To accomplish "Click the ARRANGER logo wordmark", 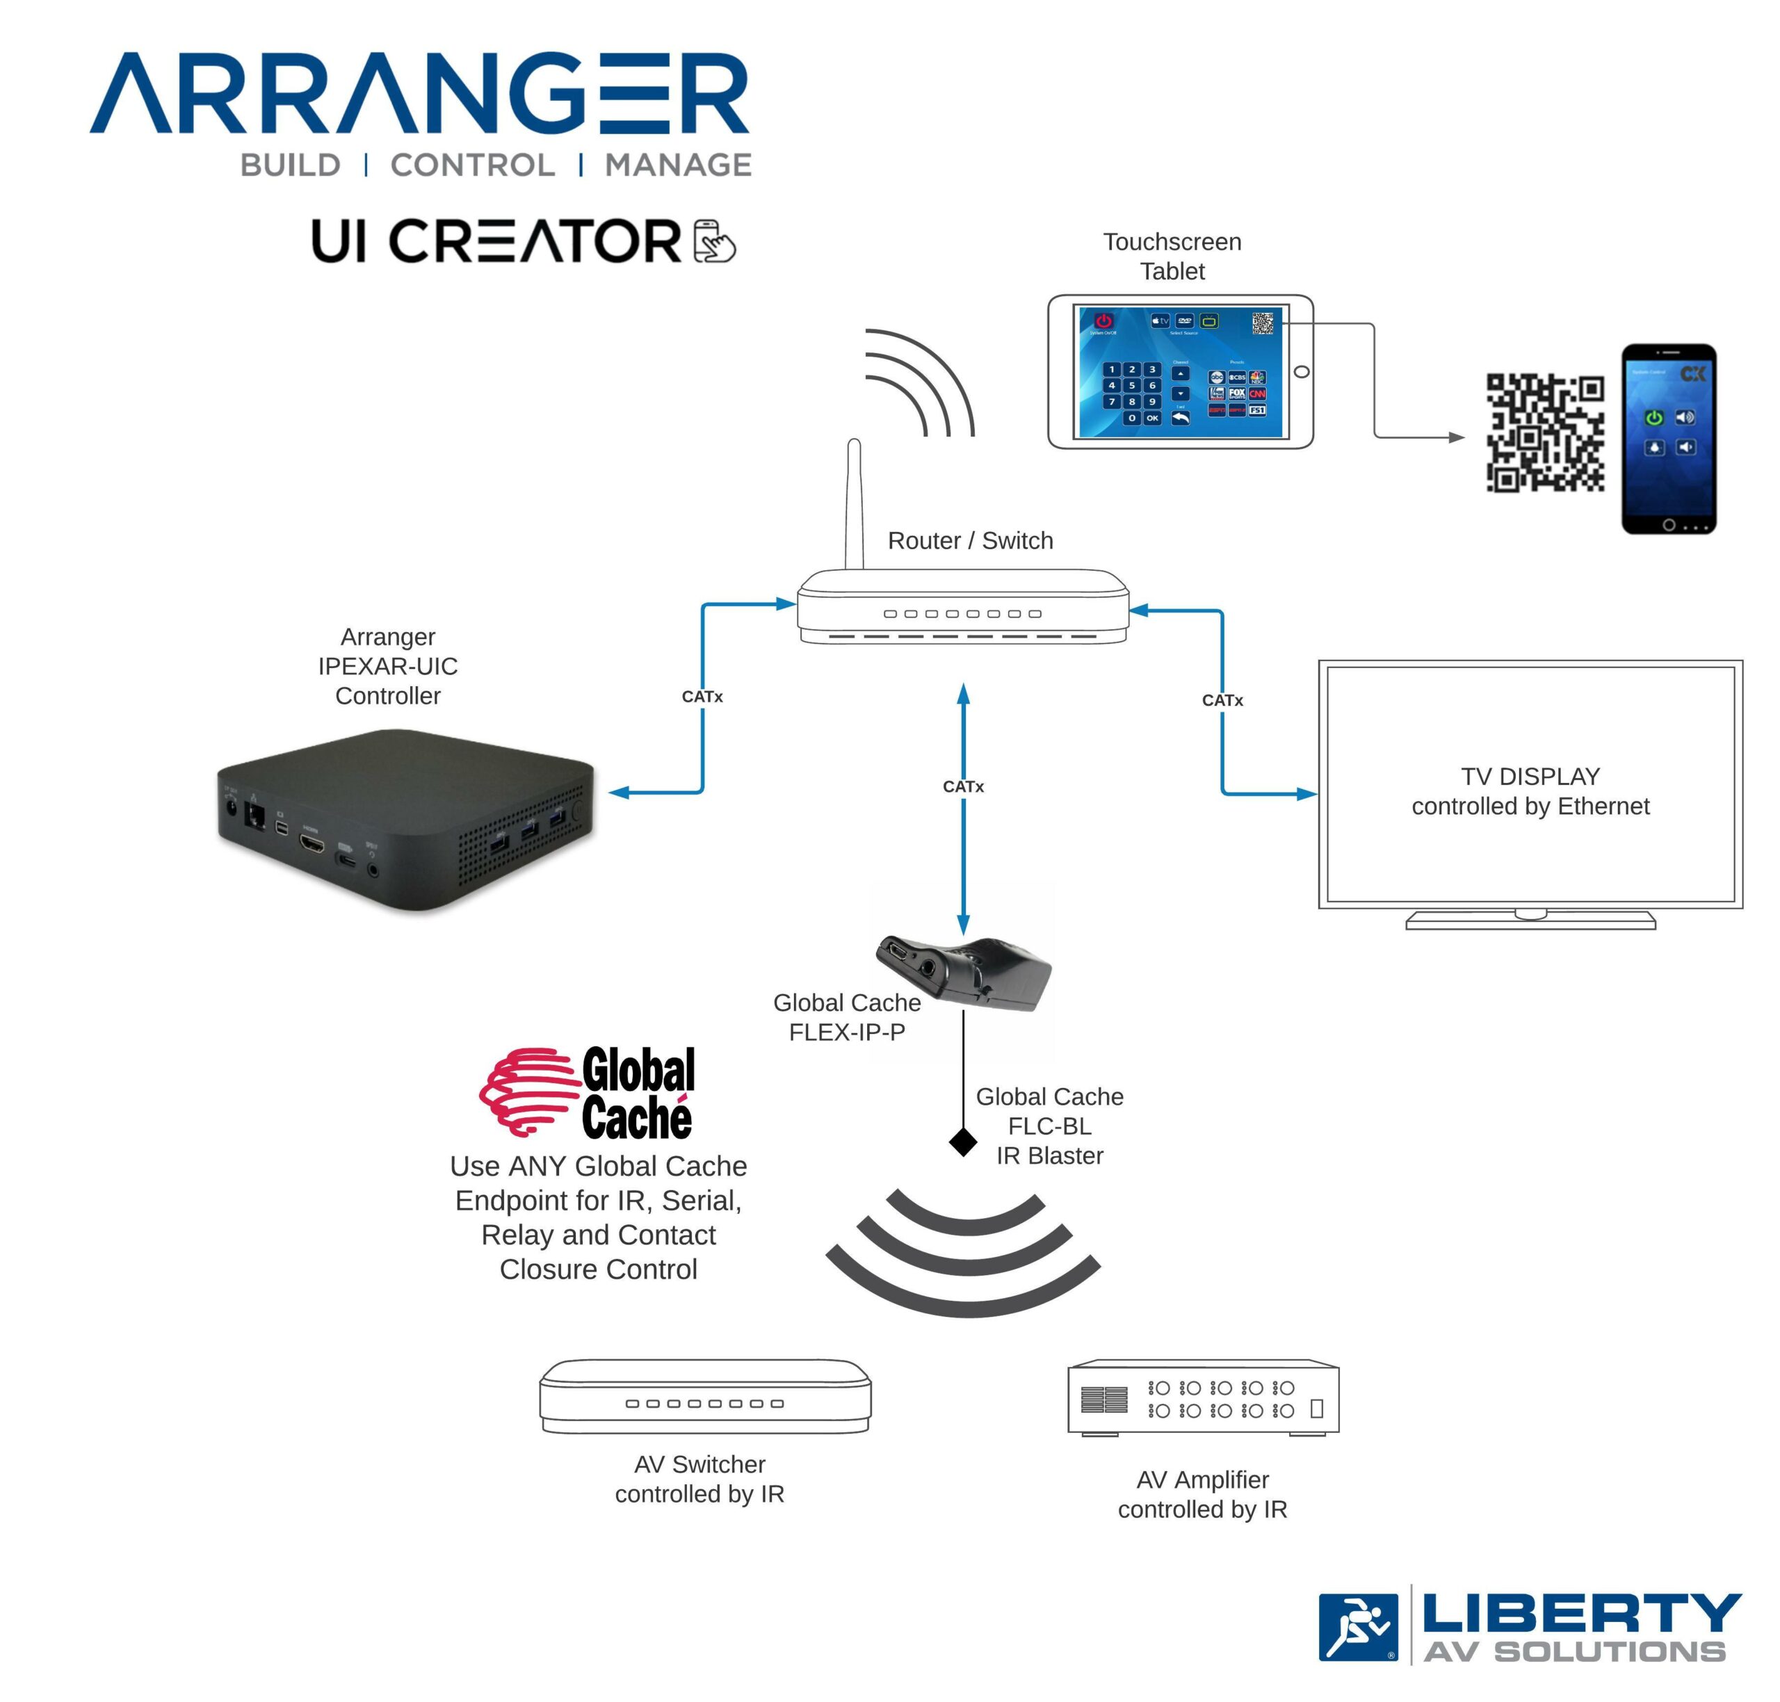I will [419, 92].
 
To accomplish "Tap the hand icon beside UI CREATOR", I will [714, 241].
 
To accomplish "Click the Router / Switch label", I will [970, 541].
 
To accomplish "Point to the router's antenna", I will [853, 503].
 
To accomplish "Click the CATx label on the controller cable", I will [702, 697].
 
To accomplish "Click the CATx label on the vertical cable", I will [962, 786].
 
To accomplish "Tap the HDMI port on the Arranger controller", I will [312, 845].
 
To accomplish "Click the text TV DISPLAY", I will [1530, 777].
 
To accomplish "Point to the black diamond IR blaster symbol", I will [962, 1142].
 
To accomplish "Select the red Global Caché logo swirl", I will [528, 1092].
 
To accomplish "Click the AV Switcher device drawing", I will [705, 1397].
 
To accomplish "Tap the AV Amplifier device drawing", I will [1202, 1398].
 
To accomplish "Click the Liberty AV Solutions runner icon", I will [1358, 1628].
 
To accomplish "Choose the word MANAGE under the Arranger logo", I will [678, 165].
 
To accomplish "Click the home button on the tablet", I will [1301, 372].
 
